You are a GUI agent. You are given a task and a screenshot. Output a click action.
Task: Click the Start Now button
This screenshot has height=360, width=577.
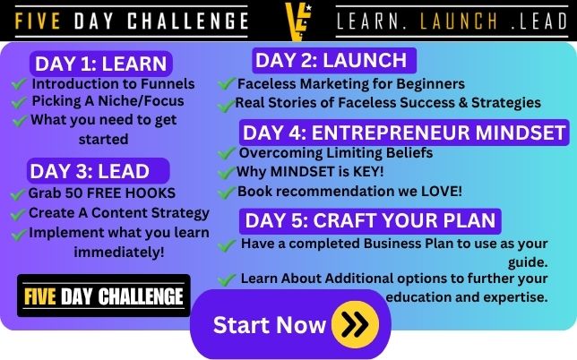pos(290,324)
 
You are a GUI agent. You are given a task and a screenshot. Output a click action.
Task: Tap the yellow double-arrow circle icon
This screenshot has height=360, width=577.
pos(355,324)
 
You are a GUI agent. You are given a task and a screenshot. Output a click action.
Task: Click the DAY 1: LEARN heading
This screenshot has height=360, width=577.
pos(101,64)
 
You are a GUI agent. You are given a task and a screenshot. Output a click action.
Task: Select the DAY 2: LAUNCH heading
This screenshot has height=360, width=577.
pos(334,60)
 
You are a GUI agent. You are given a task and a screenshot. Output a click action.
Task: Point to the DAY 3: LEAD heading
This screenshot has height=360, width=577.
pos(98,171)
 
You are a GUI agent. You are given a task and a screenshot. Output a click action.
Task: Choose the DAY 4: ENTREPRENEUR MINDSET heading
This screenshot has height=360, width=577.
pos(404,133)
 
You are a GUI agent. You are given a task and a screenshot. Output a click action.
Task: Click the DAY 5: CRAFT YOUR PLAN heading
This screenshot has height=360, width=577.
pos(370,220)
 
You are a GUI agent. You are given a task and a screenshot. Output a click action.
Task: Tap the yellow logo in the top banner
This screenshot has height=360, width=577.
pos(298,21)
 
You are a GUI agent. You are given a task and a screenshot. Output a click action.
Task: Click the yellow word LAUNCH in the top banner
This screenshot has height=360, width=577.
pos(459,21)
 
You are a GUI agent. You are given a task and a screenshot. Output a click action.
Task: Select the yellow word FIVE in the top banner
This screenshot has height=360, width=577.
pos(38,21)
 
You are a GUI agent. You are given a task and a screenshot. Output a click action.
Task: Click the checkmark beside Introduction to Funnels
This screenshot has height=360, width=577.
pos(19,84)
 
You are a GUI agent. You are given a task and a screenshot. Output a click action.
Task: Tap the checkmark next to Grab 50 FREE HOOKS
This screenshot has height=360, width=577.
pos(18,194)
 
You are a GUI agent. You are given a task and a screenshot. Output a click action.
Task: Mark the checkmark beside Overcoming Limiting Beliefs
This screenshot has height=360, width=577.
pos(227,152)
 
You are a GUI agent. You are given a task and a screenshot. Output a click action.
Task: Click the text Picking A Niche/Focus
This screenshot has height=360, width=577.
pos(108,101)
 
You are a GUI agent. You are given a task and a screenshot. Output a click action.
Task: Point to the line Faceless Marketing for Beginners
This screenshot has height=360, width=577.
pos(351,84)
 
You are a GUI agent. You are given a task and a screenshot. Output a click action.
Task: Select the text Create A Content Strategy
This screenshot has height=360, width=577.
pos(119,213)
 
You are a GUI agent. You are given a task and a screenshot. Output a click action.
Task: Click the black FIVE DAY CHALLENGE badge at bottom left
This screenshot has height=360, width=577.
pos(104,296)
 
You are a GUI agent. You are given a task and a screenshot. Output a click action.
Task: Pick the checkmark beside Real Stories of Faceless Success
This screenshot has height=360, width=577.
pos(226,106)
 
